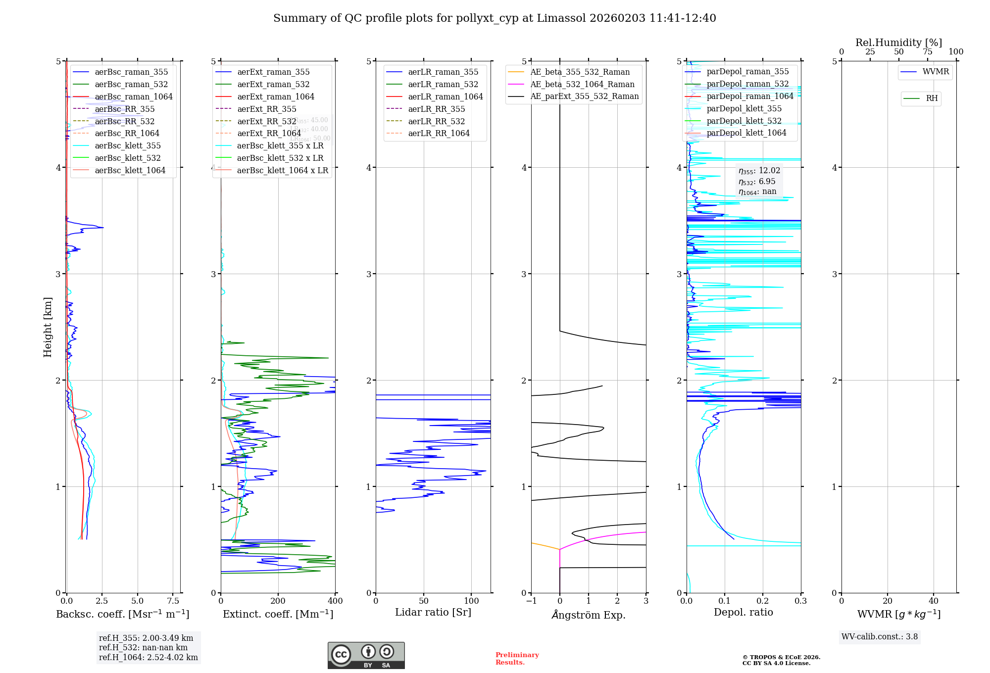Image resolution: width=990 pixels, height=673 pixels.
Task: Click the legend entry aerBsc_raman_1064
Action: coord(134,96)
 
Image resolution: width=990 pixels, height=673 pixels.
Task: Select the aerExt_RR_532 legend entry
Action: coord(267,121)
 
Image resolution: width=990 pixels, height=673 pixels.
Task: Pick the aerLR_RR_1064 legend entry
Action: coord(439,133)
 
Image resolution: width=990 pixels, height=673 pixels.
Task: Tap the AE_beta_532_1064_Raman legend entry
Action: coord(582,84)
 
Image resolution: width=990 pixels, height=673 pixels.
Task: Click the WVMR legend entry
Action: coord(936,72)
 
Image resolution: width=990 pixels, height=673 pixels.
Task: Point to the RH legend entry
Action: coord(932,98)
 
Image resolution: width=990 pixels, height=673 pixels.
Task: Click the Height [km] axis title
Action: coord(48,327)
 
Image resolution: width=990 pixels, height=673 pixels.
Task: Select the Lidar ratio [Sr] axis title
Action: coord(433,612)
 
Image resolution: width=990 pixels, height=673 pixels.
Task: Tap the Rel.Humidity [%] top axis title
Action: coord(898,43)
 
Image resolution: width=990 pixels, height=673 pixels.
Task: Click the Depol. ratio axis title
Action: coord(743,612)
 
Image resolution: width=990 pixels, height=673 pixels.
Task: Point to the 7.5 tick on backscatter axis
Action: coord(173,601)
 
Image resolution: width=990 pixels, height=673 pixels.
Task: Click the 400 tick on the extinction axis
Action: coord(335,601)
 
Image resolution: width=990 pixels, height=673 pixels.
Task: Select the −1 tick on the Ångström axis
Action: coord(531,601)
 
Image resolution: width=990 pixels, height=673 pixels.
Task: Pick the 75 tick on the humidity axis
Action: coord(927,51)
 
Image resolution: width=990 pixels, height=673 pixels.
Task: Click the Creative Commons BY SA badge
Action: coord(366,656)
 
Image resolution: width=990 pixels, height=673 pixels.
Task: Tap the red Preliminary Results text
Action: coord(517,659)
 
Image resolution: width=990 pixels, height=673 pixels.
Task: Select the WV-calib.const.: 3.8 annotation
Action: coord(880,637)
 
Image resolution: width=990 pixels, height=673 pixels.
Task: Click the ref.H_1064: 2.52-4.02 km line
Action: coord(148,658)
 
